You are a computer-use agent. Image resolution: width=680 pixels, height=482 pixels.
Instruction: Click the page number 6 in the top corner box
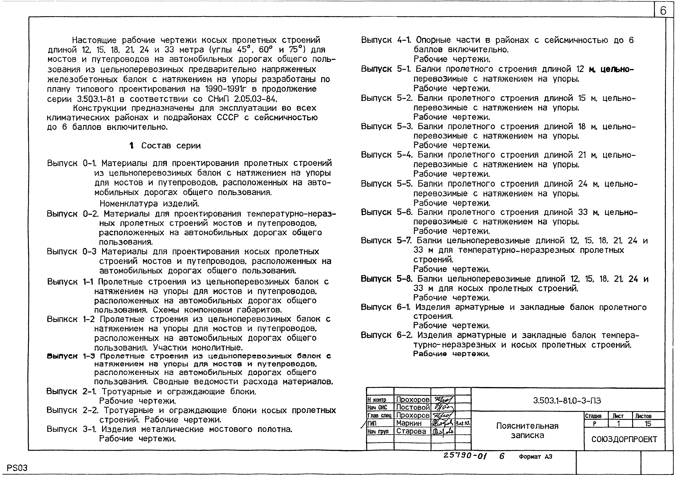[663, 11]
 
